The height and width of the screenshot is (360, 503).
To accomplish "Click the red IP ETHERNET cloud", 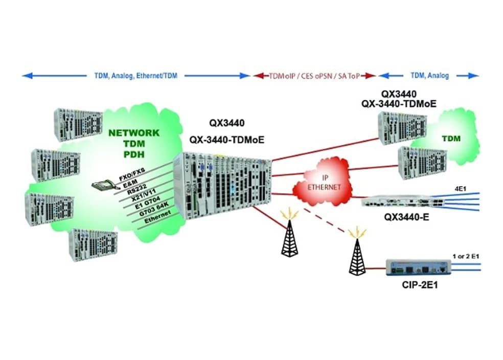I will [x=323, y=183].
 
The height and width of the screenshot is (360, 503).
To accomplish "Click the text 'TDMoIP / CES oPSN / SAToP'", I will [x=314, y=76].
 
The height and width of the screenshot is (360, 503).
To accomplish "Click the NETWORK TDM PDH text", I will [x=134, y=143].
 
